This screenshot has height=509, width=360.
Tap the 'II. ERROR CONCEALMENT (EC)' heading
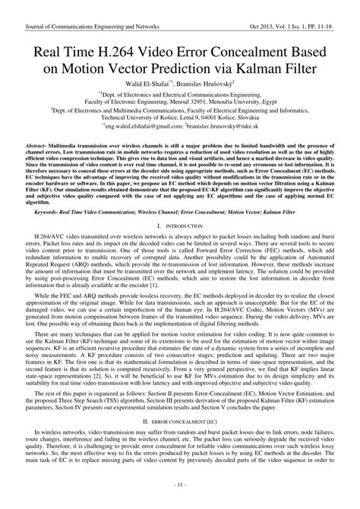click(x=180, y=441)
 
